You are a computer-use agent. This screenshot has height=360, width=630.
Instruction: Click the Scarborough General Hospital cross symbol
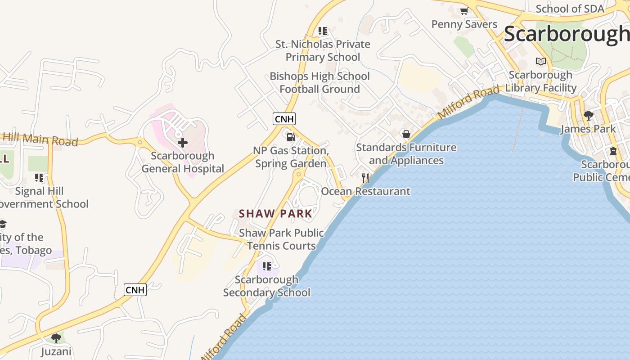pyautogui.click(x=183, y=143)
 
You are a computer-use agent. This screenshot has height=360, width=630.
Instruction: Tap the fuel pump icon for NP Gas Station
pyautogui.click(x=291, y=137)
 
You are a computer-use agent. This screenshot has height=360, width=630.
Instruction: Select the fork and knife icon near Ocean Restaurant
pyautogui.click(x=365, y=178)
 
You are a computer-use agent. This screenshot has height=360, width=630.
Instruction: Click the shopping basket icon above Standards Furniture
pyautogui.click(x=406, y=134)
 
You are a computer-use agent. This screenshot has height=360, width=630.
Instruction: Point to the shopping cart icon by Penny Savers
pyautogui.click(x=464, y=11)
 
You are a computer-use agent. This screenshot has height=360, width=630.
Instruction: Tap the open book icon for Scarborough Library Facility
pyautogui.click(x=541, y=61)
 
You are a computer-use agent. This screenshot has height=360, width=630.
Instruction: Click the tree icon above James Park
pyautogui.click(x=588, y=116)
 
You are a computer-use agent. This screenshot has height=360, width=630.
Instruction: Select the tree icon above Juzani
pyautogui.click(x=56, y=338)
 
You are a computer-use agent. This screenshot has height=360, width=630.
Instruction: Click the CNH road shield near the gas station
pyautogui.click(x=284, y=119)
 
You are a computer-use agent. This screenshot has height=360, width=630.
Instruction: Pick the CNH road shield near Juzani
pyautogui.click(x=135, y=290)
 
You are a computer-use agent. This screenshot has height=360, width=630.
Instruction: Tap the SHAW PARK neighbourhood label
pyautogui.click(x=275, y=214)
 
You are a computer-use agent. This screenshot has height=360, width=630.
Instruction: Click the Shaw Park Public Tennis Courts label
pyautogui.click(x=281, y=239)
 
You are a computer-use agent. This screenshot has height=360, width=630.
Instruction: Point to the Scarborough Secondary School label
pyautogui.click(x=267, y=286)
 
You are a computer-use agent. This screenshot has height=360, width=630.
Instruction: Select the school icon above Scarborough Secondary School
pyautogui.click(x=267, y=266)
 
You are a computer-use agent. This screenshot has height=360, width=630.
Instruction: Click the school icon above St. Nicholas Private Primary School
pyautogui.click(x=323, y=31)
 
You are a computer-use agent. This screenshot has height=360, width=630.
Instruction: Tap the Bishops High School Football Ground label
pyautogui.click(x=319, y=83)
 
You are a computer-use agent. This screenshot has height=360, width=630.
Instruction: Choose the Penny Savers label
pyautogui.click(x=464, y=24)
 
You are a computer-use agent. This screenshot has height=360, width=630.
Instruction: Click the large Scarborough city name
pyautogui.click(x=566, y=34)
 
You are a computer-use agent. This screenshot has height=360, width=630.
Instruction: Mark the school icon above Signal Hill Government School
pyautogui.click(x=39, y=178)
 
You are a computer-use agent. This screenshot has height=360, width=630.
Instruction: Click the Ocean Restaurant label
pyautogui.click(x=365, y=191)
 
